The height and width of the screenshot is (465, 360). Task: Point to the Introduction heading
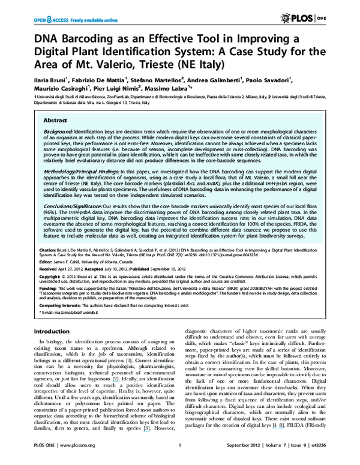point(52,331)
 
